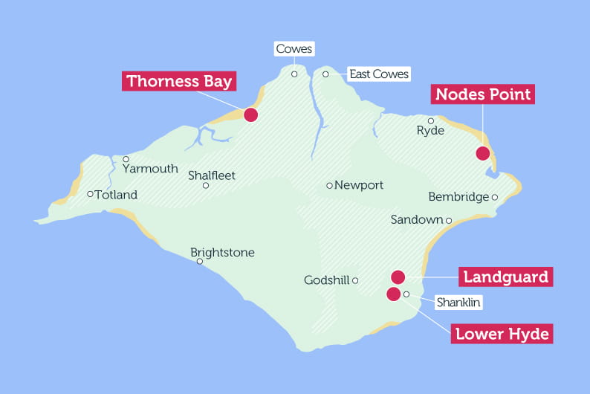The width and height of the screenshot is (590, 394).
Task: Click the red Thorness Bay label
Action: click(x=179, y=81)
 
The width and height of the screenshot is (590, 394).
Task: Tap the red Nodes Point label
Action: click(x=483, y=94)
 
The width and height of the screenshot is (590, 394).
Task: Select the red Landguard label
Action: click(x=505, y=277)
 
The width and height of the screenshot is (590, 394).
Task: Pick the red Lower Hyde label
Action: click(x=502, y=334)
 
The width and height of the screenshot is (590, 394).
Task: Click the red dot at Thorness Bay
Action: click(x=250, y=114)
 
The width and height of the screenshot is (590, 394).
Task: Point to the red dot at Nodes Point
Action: click(x=482, y=154)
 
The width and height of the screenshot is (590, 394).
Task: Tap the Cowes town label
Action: click(x=294, y=50)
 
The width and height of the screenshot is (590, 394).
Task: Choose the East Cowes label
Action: click(x=379, y=74)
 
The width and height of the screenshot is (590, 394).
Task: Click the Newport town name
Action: click(x=359, y=185)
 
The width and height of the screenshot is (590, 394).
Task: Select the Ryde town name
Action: click(x=430, y=131)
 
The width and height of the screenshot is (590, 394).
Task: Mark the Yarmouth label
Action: click(x=151, y=169)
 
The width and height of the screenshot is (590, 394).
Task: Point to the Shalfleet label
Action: click(x=212, y=175)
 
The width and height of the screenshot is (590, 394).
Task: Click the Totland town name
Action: click(x=116, y=195)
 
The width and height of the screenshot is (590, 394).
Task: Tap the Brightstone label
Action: click(x=222, y=253)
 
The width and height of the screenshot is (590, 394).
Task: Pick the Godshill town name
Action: click(x=326, y=280)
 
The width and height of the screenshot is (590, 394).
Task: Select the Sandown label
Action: click(x=416, y=220)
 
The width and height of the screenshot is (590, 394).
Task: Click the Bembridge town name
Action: click(x=458, y=197)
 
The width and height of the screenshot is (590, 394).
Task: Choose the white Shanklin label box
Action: click(x=458, y=303)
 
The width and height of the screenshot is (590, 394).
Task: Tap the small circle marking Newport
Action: click(x=329, y=185)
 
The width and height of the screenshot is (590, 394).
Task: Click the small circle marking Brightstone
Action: click(x=199, y=262)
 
